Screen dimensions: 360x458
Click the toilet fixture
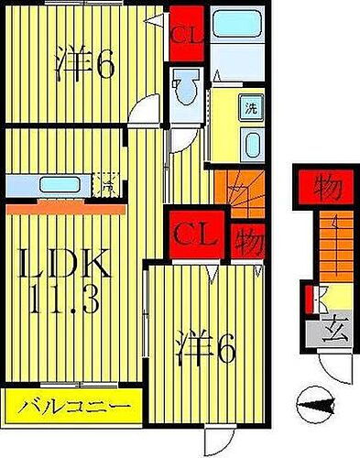click(187, 91)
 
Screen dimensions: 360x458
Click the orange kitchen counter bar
click(66, 208)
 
